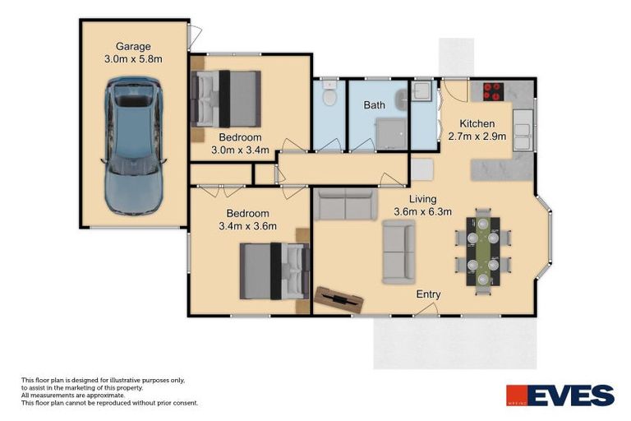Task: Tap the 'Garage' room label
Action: (133, 46)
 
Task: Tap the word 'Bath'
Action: (375, 105)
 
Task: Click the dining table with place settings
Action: (482, 250)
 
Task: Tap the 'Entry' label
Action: (428, 294)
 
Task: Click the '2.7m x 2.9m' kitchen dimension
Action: (477, 136)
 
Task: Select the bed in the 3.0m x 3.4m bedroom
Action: (226, 98)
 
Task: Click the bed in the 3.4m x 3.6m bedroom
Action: (274, 271)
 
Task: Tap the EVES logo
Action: (560, 396)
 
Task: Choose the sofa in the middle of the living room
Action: (399, 252)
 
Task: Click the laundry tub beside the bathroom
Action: (423, 91)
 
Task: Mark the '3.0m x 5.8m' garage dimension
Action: (133, 59)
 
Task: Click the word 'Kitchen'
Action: (477, 123)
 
